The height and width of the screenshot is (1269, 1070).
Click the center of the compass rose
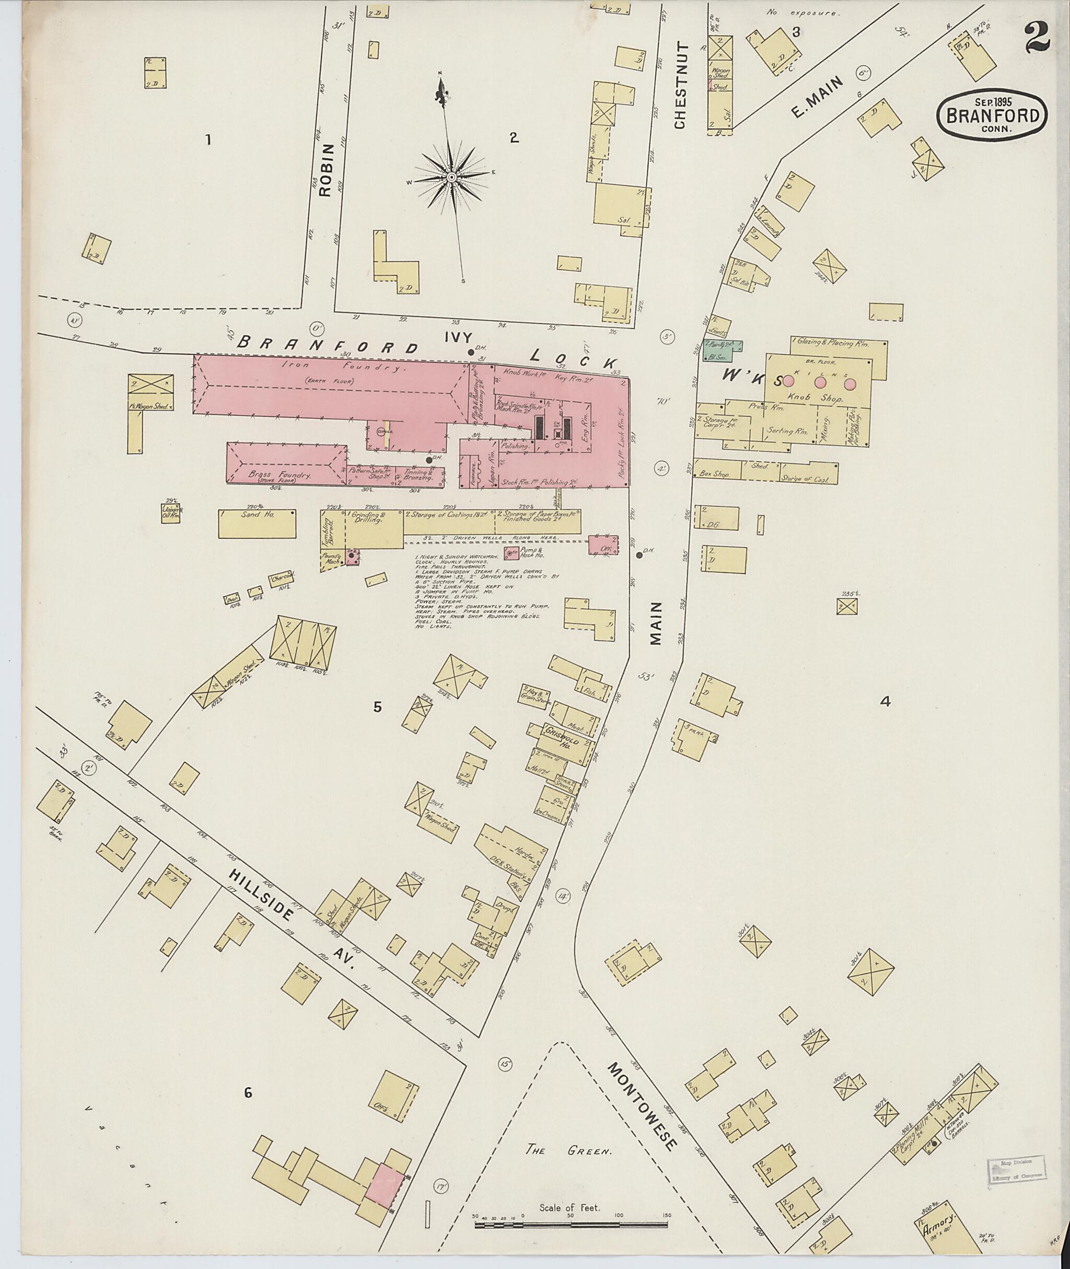[x=452, y=177]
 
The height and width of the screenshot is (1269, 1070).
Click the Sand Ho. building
[x=257, y=523]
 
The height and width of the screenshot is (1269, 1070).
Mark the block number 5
[x=377, y=707]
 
